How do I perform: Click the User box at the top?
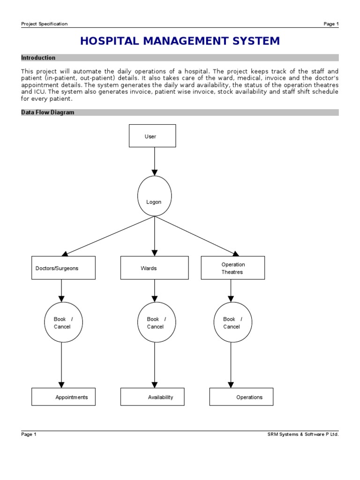[152, 136]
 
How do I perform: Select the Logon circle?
[154, 196]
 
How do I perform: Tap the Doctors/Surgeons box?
[63, 268]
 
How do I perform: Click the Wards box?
[154, 268]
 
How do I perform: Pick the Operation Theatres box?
[232, 268]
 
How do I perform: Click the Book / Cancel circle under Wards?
[155, 322]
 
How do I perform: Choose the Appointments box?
[63, 397]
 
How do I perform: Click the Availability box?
[152, 397]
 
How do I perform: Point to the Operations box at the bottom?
[241, 397]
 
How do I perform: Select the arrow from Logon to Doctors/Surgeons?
[109, 236]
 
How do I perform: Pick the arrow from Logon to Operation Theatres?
[197, 236]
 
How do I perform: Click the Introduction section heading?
[38, 58]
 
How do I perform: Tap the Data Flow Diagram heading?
[48, 112]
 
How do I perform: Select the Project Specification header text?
[45, 24]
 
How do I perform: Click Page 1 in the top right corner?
[331, 24]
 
